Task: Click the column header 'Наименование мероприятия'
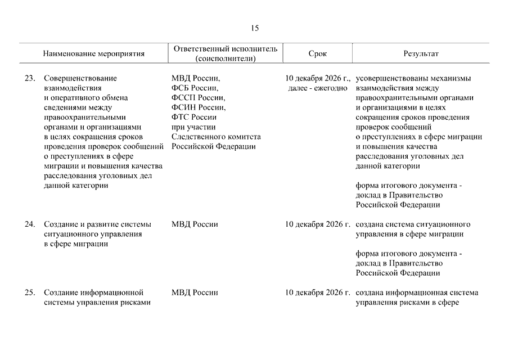93,54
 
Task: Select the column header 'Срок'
317,54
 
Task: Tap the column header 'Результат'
421,54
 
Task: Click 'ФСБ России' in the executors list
195,88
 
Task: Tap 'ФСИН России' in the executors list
198,107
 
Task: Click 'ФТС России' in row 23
194,117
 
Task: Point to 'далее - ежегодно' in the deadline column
314,88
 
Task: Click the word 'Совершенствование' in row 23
80,79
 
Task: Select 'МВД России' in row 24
195,224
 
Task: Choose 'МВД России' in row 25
195,292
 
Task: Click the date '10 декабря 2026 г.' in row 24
317,224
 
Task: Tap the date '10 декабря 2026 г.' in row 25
317,292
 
